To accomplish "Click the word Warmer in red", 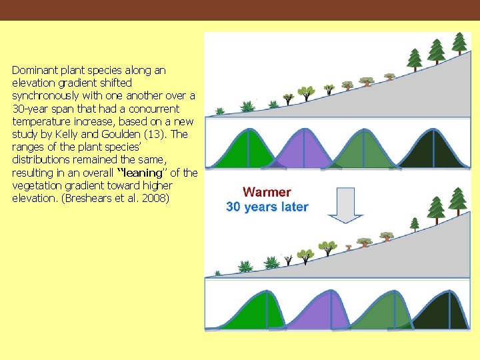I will click(x=267, y=193).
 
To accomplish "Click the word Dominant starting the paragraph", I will click(x=34, y=70).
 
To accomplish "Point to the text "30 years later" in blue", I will click(x=267, y=207).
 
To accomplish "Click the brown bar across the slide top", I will click(x=240, y=10).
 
